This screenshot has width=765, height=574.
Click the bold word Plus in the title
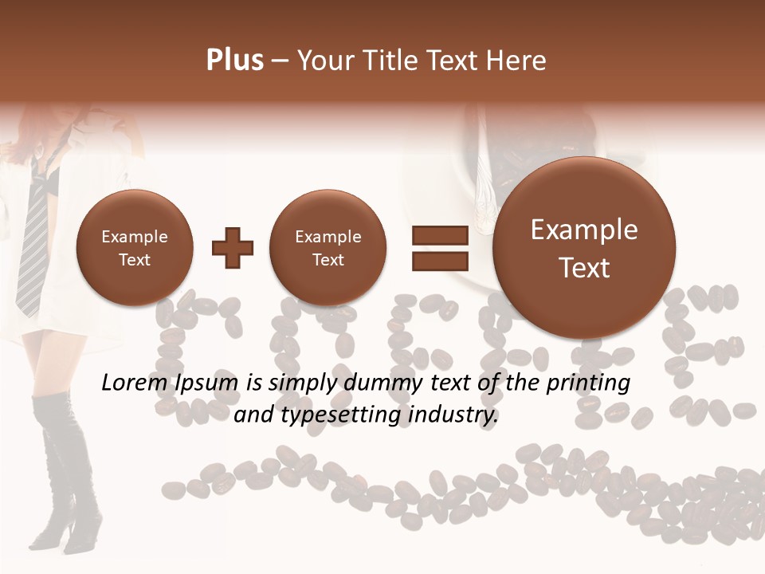(x=234, y=61)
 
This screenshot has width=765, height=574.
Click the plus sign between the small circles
(x=233, y=247)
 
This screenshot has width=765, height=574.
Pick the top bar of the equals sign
(x=439, y=235)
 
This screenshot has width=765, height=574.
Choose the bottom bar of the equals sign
(x=439, y=261)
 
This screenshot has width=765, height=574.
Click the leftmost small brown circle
(x=134, y=247)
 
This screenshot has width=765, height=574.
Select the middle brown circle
(x=328, y=247)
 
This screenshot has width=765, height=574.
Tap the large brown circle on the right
(x=584, y=247)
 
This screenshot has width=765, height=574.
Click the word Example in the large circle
(x=584, y=230)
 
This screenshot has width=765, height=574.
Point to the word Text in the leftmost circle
(x=134, y=260)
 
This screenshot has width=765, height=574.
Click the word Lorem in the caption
(x=135, y=383)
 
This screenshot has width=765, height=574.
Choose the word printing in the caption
(x=588, y=383)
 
